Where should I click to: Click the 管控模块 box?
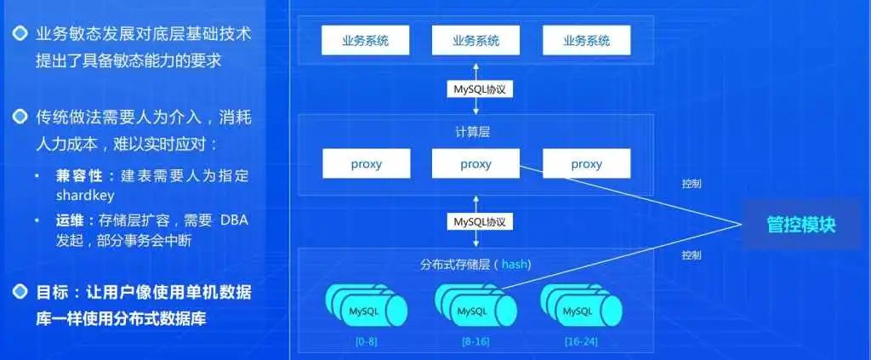point(800,225)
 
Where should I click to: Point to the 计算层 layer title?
point(475,132)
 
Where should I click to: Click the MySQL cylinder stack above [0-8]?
point(367,307)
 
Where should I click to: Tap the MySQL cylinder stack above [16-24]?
point(581,307)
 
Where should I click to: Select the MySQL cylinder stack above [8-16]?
point(474,307)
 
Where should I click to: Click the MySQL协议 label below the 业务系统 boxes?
point(479,88)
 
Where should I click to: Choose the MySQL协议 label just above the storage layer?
point(479,221)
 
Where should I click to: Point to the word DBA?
point(233,220)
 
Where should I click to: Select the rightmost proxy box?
point(586,163)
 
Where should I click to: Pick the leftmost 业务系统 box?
point(366,40)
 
